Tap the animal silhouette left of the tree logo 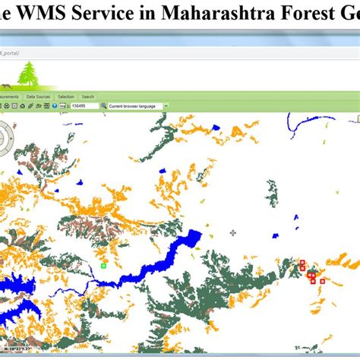point(6,82)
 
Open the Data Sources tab point(38,97)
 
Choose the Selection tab point(66,97)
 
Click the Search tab point(88,97)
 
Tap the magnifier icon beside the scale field point(62,106)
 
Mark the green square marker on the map point(103,266)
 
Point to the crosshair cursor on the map point(232,233)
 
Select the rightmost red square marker point(322,281)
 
